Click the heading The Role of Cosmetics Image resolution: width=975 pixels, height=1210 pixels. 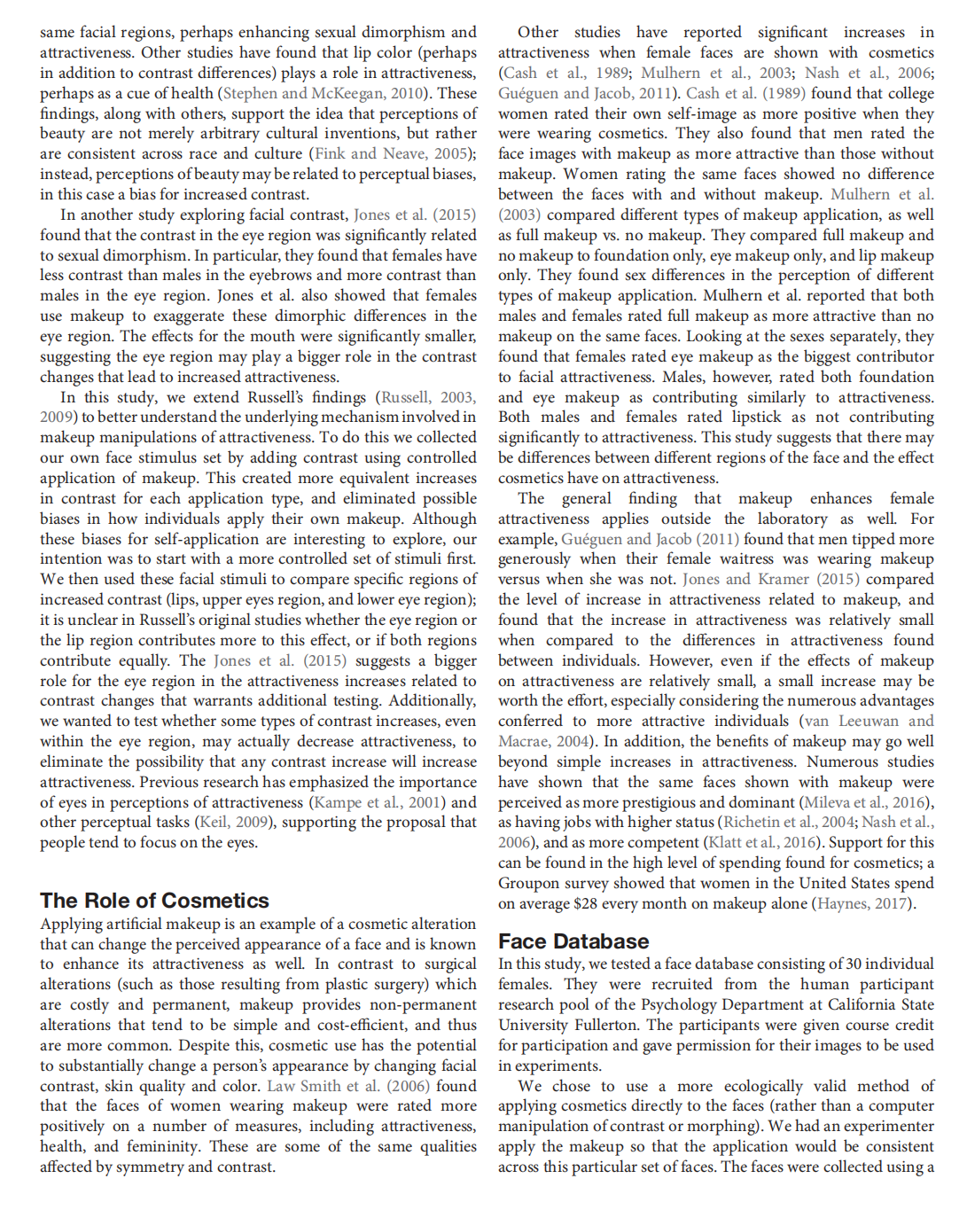pos(154,901)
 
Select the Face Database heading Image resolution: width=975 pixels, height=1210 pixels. pos(573,941)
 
